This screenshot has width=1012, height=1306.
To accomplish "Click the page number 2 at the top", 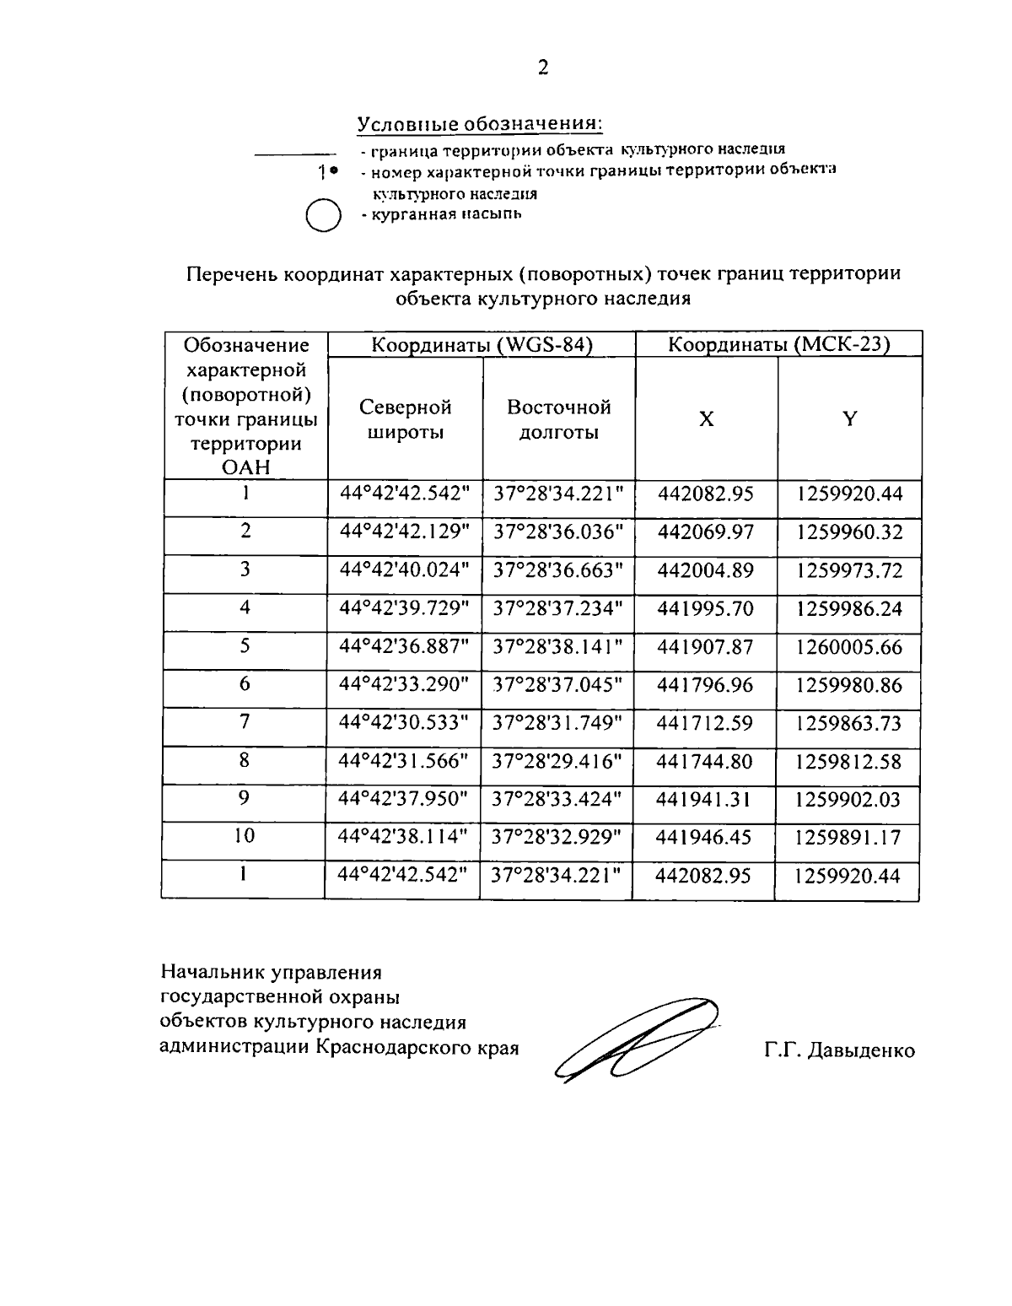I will click(x=543, y=68).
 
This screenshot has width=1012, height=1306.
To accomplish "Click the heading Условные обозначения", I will click(x=479, y=123).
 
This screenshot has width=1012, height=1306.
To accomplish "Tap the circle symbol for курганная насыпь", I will click(x=321, y=215).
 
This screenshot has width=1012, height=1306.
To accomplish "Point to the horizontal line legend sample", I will click(x=290, y=154).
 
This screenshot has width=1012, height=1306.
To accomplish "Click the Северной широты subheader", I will click(x=405, y=419).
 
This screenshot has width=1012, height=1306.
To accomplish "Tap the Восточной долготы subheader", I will click(x=558, y=419).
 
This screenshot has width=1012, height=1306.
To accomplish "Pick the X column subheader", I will click(x=706, y=419).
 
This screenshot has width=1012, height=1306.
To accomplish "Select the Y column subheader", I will click(x=849, y=419).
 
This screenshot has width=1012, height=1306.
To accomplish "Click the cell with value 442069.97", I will click(x=705, y=532).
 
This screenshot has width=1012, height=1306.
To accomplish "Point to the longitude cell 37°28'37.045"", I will click(x=557, y=684).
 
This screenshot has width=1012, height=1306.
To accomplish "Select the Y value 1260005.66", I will click(x=849, y=647).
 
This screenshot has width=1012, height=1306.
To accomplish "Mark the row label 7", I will click(x=245, y=722).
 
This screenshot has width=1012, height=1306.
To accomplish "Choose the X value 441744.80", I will click(x=704, y=762).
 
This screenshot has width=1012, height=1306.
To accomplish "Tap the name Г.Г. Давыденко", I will click(x=839, y=1051).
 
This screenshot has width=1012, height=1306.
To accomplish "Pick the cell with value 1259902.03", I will click(x=848, y=800).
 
